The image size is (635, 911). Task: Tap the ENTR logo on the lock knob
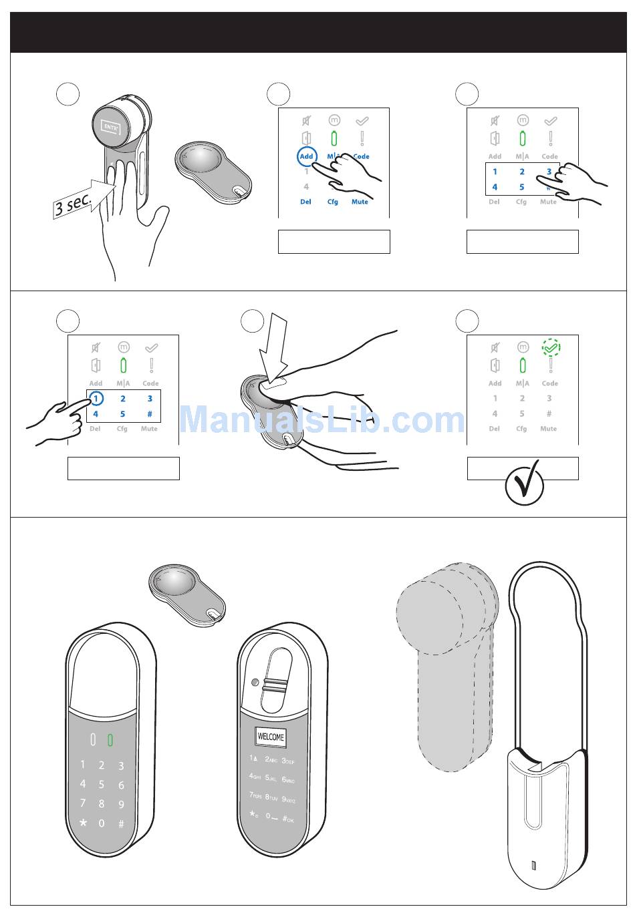click(111, 126)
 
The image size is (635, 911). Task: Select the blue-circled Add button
click(306, 156)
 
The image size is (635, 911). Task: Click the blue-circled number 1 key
click(96, 398)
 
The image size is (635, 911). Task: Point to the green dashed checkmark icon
click(551, 347)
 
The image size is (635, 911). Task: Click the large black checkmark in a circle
click(524, 486)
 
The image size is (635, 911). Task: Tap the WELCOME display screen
click(271, 737)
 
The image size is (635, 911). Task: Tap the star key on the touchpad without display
click(84, 823)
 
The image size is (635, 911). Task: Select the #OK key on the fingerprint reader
click(288, 818)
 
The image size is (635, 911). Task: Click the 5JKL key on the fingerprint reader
click(271, 778)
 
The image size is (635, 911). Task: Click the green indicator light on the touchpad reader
click(110, 740)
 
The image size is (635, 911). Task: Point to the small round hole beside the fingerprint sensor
click(255, 683)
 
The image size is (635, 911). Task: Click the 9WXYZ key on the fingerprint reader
click(288, 798)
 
